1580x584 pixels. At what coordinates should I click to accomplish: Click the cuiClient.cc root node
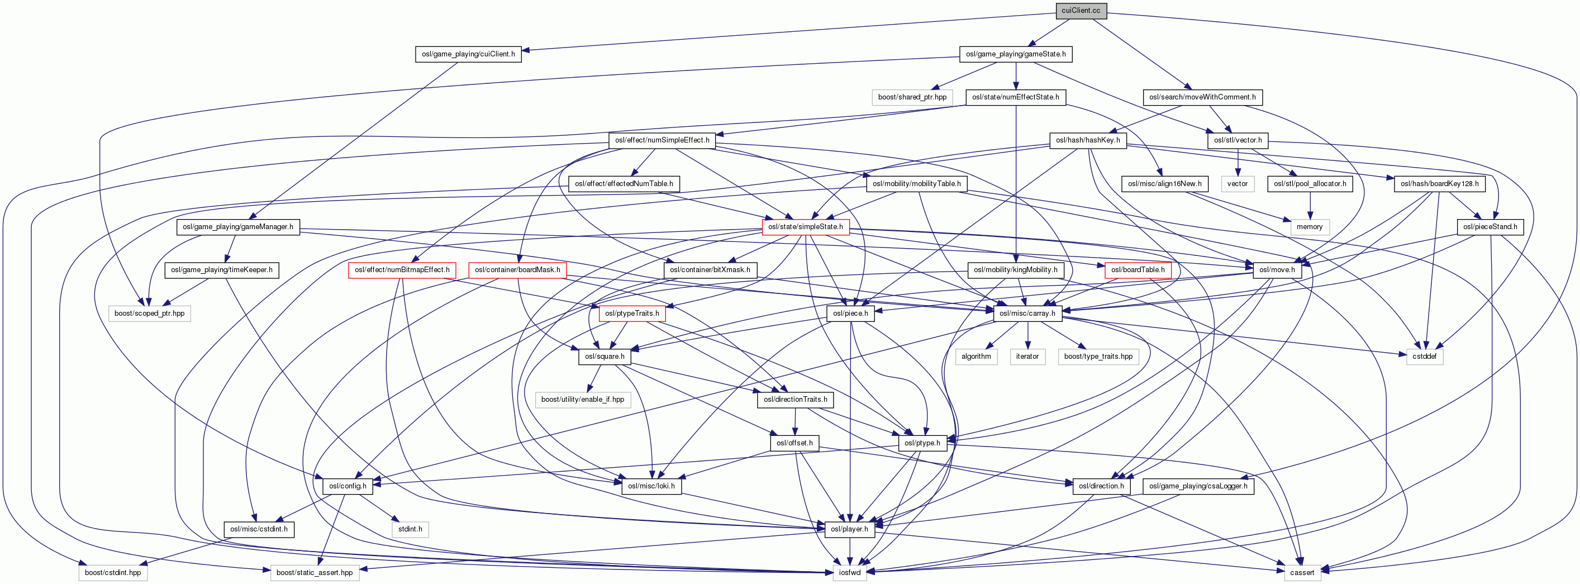1081,11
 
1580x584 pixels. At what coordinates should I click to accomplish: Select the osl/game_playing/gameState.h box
1016,54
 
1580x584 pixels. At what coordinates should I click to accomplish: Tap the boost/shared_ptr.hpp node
912,97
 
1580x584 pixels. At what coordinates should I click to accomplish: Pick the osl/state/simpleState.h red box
805,227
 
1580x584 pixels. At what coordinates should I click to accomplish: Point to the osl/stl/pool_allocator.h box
1310,183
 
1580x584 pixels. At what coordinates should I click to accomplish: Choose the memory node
1310,227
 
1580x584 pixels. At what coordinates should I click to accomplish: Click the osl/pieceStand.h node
1490,227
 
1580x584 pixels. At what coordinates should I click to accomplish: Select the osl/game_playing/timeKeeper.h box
222,270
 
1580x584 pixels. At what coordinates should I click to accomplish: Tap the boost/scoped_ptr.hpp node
150,314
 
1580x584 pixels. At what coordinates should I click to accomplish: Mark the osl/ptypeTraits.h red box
632,314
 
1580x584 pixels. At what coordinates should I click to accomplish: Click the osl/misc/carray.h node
1027,314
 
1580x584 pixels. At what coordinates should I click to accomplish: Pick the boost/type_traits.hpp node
1098,357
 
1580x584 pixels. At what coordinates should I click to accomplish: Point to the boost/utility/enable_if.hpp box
583,400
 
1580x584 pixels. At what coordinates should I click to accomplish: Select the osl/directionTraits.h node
796,400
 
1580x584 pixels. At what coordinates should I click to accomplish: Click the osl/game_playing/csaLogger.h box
1198,486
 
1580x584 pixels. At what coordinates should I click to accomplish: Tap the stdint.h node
410,529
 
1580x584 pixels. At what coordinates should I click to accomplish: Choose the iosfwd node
849,573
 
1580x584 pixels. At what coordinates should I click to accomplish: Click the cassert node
1302,573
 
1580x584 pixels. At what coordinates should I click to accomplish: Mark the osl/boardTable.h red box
1138,270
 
